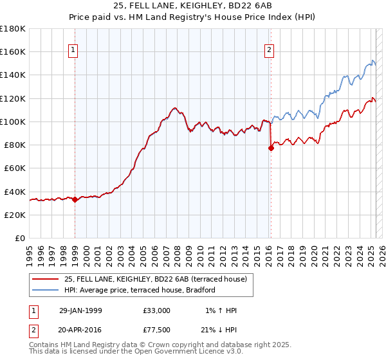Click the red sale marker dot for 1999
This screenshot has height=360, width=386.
pos(75,199)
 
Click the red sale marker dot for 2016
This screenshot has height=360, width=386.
pos(271,148)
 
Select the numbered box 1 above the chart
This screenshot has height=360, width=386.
pos(73,51)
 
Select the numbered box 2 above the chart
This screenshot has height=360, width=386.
pos(268,51)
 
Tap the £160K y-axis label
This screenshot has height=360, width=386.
pos(13,51)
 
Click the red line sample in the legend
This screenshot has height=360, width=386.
pos(46,278)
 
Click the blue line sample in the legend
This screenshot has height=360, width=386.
pos(46,290)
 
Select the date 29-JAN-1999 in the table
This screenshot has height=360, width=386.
pos(80,310)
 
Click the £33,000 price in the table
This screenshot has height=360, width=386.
pos(157,310)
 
